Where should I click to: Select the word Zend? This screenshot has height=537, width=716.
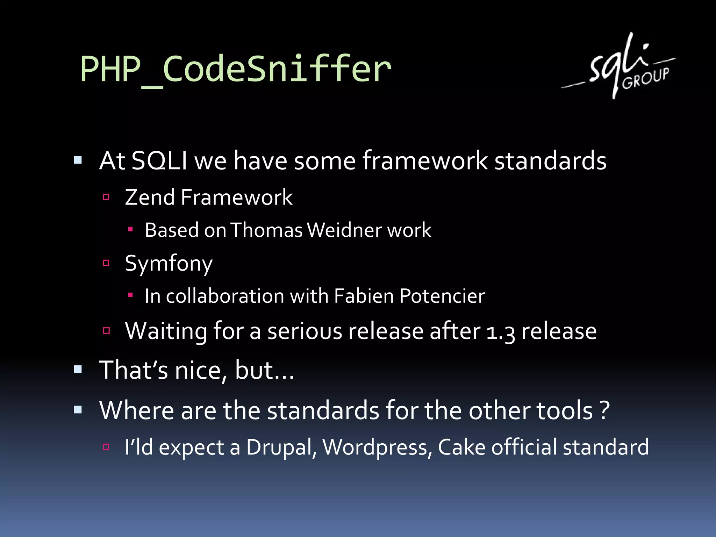[x=150, y=197]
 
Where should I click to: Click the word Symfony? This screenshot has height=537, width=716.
[x=169, y=264]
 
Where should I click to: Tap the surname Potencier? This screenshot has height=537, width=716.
[x=442, y=296]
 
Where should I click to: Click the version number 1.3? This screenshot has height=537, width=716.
[x=501, y=331]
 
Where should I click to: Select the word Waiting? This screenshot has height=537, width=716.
[x=166, y=331]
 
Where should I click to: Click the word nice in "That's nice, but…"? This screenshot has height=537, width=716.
[x=198, y=370]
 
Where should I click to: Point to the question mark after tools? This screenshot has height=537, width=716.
[x=604, y=410]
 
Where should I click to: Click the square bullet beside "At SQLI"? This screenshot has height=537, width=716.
[x=78, y=160]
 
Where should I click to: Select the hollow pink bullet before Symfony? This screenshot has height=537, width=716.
[x=106, y=263]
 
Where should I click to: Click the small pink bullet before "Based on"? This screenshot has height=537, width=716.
[x=130, y=229]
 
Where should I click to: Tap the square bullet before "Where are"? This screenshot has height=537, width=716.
[x=78, y=409]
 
